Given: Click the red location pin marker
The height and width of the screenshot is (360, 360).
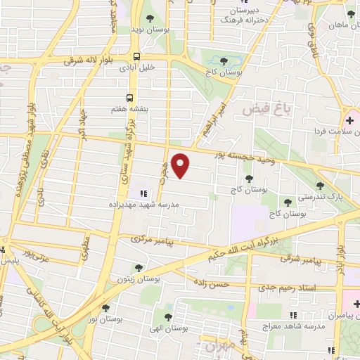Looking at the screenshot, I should tap(181, 165).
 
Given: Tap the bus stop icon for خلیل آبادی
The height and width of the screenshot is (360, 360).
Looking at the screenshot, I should tap(136, 56).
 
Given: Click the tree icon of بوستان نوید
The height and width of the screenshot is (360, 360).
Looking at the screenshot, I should tap(150, 18).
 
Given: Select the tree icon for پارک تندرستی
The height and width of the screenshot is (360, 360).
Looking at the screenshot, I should tap(321, 186).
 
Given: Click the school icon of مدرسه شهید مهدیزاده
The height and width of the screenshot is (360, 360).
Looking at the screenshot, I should tap(143, 193).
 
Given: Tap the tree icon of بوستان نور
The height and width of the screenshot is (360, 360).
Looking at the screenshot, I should tap(105, 308).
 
